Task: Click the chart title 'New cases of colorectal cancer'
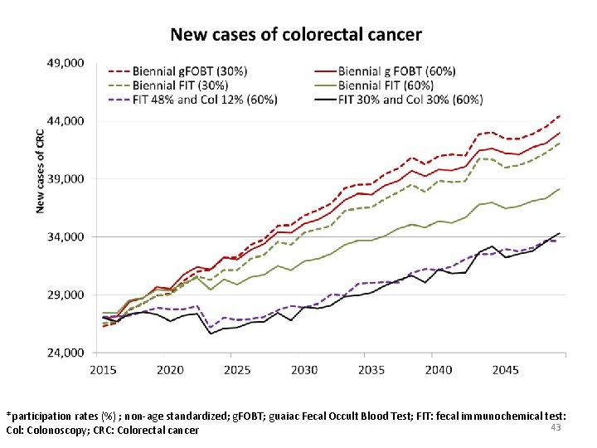coord(296,35)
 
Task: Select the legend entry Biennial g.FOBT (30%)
coord(190,71)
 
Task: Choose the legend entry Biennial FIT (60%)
coord(386,85)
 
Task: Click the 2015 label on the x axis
coord(103,369)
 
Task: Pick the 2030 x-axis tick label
coord(304,369)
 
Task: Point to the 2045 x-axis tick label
coord(505,369)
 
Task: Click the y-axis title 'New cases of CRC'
coord(40,170)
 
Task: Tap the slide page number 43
coord(556,426)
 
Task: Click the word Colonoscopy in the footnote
coord(61,431)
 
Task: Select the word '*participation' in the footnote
coord(42,415)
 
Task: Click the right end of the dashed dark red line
coord(560,115)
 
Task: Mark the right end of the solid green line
coord(560,189)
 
